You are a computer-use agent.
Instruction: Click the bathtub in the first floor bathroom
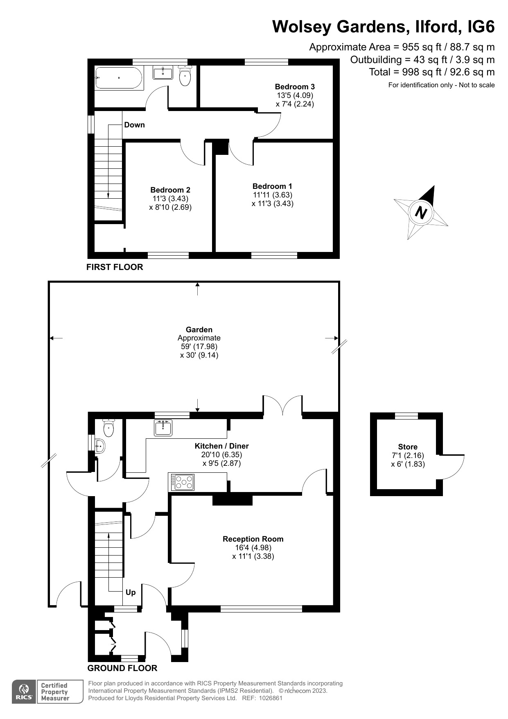[x=119, y=78]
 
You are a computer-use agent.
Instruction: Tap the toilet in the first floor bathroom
[x=185, y=77]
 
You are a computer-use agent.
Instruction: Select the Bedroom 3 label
[x=295, y=86]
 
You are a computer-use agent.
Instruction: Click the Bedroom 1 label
[x=272, y=186]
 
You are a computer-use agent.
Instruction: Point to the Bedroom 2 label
[x=170, y=190]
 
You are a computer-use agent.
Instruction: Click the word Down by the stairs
[x=134, y=125]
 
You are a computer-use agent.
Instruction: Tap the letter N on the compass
[x=421, y=213]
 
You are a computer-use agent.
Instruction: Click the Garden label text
[x=199, y=329]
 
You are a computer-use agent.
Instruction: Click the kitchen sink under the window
[x=163, y=428]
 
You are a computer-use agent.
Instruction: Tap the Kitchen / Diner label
[x=221, y=446]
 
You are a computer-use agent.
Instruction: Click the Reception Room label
[x=253, y=539]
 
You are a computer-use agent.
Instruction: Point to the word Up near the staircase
[x=131, y=592]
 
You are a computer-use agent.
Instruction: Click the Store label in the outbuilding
[x=408, y=447]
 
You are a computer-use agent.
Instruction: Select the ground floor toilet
[x=108, y=428]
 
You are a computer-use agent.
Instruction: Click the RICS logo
[x=24, y=692]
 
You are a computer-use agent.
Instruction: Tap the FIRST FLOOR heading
[x=115, y=267]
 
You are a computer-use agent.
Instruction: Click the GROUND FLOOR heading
[x=122, y=668]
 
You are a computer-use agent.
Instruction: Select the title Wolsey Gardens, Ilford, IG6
[x=383, y=27]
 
